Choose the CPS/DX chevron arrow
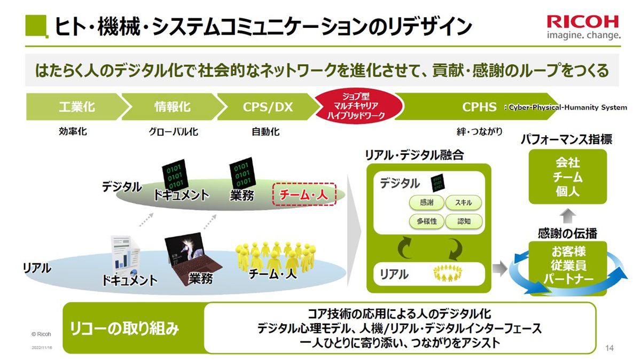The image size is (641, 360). point(268,107)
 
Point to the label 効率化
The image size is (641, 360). point(73,131)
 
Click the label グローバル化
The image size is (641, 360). point(174,131)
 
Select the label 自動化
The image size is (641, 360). point(265,131)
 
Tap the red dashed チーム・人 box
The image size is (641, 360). point(304,194)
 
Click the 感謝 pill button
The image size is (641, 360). point(427,202)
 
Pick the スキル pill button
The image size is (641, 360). point(464,202)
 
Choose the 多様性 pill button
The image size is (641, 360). point(427,221)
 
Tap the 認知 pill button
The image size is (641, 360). point(464,221)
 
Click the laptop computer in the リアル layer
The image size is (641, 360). point(192,257)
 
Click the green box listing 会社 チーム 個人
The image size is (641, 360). point(568,177)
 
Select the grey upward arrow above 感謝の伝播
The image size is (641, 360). point(567,216)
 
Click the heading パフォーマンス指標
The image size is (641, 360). point(567,139)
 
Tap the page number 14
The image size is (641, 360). point(609,348)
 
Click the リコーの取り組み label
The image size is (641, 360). point(124,328)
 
